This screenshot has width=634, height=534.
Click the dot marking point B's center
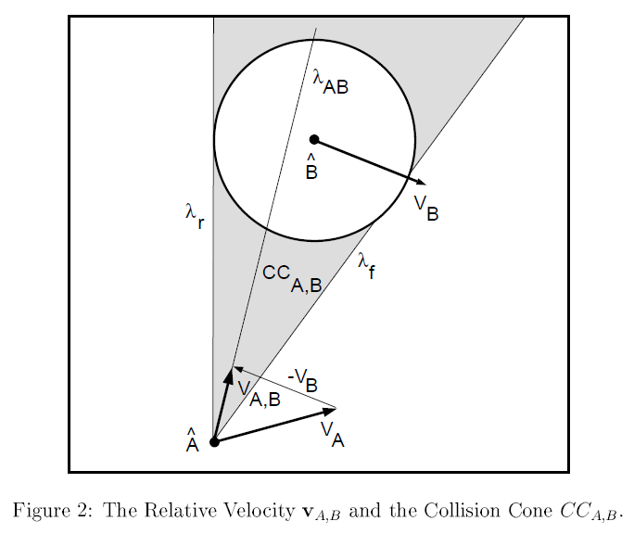(x=314, y=140)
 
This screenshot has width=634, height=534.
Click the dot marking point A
(x=214, y=442)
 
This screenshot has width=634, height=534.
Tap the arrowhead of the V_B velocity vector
(x=422, y=182)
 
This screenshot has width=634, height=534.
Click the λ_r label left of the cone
(x=194, y=215)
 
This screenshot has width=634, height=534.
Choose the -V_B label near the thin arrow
(x=303, y=378)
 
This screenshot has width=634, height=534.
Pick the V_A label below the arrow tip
(x=333, y=433)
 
